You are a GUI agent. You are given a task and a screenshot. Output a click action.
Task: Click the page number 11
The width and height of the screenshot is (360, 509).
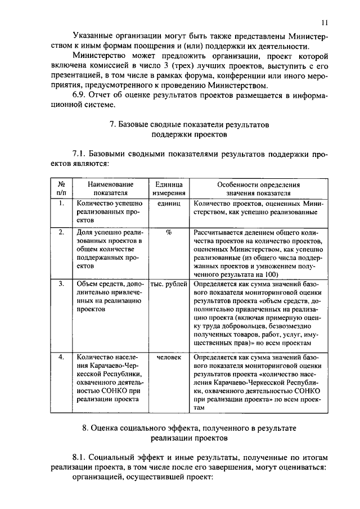point(325,22)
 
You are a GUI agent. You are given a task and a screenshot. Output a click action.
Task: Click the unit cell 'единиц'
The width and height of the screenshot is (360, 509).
point(168,204)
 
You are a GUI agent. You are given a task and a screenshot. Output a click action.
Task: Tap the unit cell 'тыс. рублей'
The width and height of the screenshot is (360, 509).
point(168,284)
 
